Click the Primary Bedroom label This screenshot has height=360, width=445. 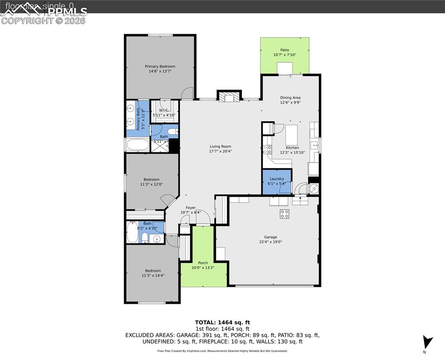[160, 67]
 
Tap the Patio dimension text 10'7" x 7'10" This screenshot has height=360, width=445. [284, 55]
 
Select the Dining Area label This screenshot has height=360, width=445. [290, 97]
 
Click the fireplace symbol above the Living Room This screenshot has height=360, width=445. [229, 97]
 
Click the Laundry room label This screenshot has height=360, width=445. [276, 179]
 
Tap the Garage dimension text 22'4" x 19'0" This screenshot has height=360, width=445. [270, 242]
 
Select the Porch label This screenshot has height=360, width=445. [203, 262]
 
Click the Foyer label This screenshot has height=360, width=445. [191, 208]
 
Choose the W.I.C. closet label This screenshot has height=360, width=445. [164, 110]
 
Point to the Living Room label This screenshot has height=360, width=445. [220, 146]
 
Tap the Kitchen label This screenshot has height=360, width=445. [292, 148]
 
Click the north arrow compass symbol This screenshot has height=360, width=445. [427, 343]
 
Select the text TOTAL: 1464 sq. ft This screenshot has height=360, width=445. [222, 322]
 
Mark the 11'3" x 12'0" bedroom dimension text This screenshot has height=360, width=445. [151, 184]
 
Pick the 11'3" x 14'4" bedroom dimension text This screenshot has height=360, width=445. [153, 276]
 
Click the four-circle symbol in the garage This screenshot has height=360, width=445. [284, 214]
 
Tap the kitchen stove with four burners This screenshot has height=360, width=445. [267, 150]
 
